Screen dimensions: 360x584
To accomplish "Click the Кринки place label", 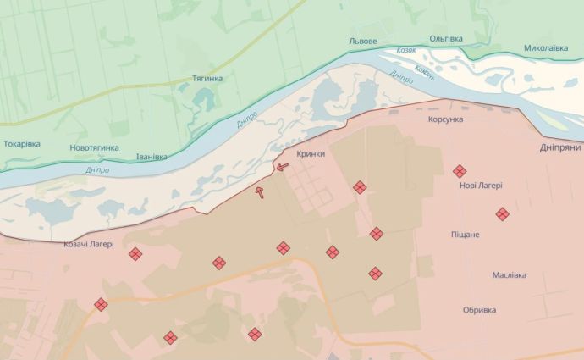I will tap(311, 153).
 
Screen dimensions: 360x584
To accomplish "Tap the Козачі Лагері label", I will tap(89, 244).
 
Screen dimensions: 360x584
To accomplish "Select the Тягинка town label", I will tap(207, 79).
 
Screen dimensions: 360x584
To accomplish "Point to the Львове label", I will tap(362, 42).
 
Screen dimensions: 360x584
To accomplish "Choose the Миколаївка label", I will tap(545, 48).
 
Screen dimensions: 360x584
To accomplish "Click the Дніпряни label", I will tap(560, 147).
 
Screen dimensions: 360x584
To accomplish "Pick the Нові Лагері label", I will tap(481, 186).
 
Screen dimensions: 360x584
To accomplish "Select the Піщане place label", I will tap(465, 234).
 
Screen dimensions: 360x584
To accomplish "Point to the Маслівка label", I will tap(510, 275).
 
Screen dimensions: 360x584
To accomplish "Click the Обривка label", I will tap(479, 310).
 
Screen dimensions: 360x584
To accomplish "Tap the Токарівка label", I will tap(22, 143).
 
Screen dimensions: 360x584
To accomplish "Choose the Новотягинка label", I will tap(94, 148).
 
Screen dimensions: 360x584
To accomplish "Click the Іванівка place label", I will tap(152, 157).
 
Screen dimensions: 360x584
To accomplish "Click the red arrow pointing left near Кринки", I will tap(281, 166).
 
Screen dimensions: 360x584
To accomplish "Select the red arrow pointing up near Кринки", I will tap(261, 192).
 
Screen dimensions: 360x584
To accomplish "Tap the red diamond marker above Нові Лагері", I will tap(460, 171).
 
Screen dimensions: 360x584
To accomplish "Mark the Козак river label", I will tap(407, 50).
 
